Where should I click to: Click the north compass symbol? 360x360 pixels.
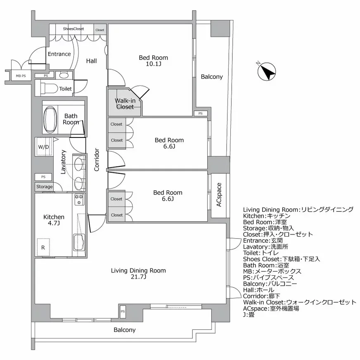[x=266, y=72]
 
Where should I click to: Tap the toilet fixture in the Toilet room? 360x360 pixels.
[x=50, y=88]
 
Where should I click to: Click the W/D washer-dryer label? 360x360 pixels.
[x=43, y=147]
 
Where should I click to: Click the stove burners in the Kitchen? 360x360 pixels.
[x=78, y=199]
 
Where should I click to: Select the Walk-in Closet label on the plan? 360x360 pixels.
[x=124, y=104]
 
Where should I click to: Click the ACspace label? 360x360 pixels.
[x=219, y=195]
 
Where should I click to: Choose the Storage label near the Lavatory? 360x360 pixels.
[x=44, y=187]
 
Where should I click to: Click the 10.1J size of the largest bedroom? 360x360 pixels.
[x=153, y=64]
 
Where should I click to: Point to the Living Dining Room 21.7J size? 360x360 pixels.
[x=138, y=277]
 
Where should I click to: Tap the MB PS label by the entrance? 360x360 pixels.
[x=21, y=76]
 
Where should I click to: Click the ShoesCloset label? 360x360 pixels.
[x=73, y=29]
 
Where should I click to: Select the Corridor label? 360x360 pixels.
[x=96, y=160]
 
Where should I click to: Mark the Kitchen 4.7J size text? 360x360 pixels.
[x=54, y=223]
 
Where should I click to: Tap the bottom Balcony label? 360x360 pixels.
[x=124, y=330]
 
